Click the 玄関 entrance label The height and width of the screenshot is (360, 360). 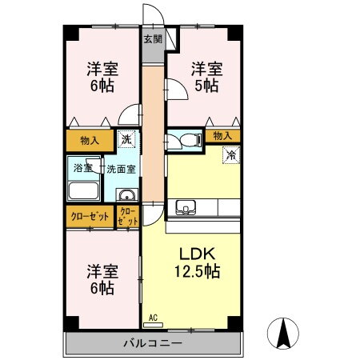[x=152, y=38]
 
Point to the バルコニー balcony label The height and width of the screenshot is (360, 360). [x=152, y=343]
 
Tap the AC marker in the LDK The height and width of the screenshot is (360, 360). [x=152, y=317]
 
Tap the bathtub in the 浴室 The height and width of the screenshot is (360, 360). [x=83, y=191]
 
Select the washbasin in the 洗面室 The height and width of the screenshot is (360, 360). [x=126, y=196]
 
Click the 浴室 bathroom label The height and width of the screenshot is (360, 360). [x=83, y=169]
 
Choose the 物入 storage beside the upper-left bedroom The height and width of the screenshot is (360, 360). [x=90, y=141]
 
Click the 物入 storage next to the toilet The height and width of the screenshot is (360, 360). [x=222, y=137]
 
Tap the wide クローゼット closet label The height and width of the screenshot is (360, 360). [x=90, y=217]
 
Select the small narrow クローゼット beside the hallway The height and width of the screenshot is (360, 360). [x=128, y=217]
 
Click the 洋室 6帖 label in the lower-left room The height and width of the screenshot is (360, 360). [x=101, y=278]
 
